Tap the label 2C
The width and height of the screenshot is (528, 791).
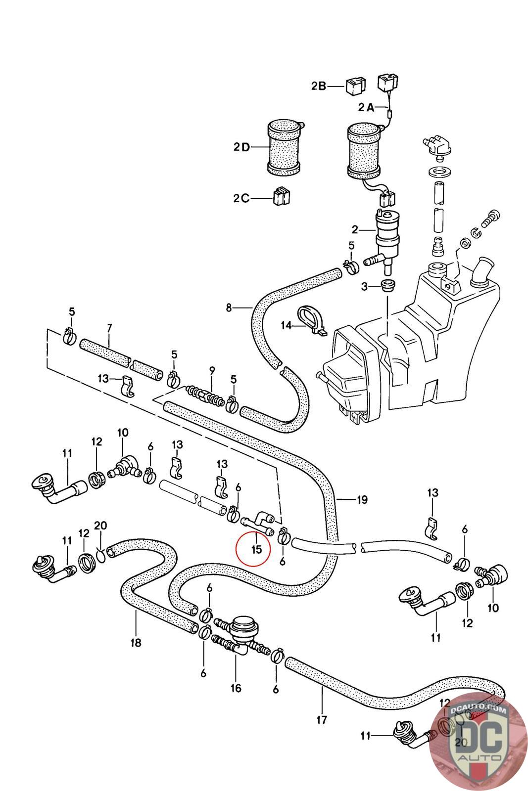pos(241,198)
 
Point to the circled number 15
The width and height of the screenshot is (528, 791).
pos(256,549)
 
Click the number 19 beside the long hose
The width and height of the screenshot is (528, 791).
pos(362,500)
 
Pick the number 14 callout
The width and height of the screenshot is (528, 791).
pos(287,325)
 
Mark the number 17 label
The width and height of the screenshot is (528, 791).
pos(322,720)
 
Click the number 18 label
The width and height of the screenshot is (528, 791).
pos(136,643)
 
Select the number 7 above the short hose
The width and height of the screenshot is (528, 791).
pos(110,327)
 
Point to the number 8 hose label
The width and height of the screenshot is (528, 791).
pos(229,308)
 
